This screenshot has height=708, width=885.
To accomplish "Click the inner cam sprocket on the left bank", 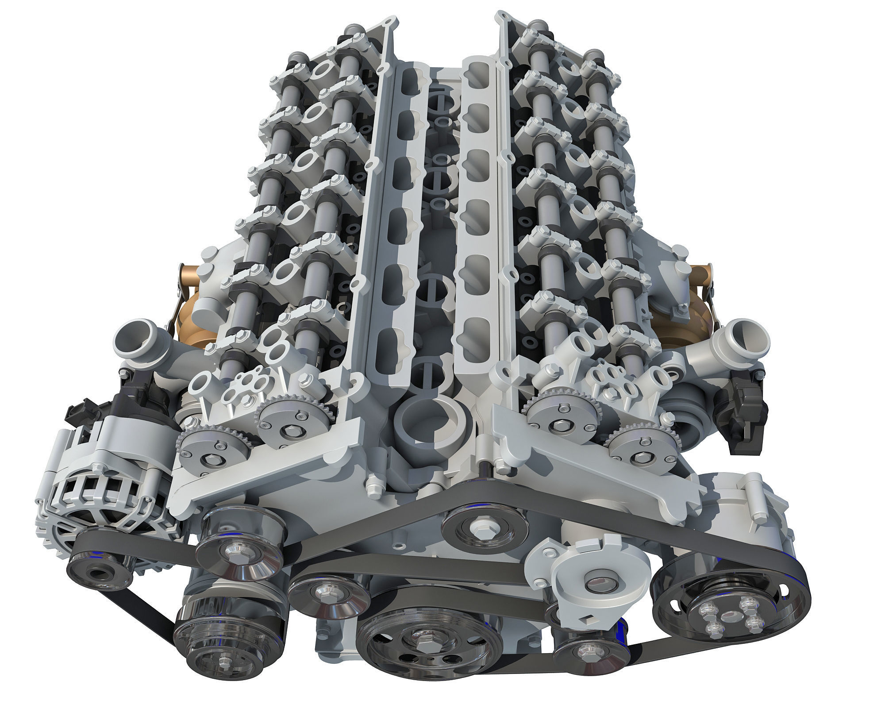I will click(283, 418).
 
